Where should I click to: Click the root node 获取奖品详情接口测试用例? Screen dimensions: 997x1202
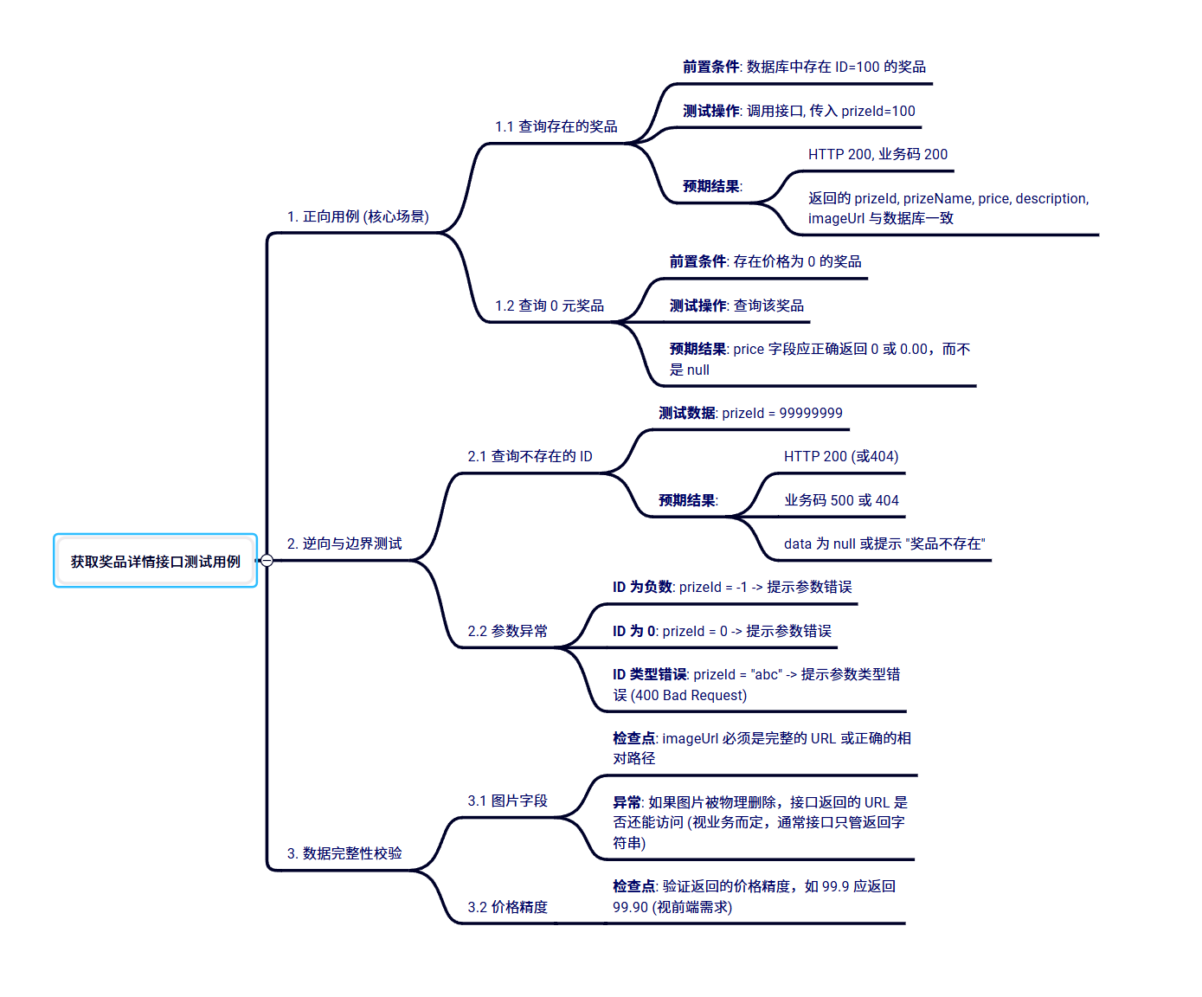156,562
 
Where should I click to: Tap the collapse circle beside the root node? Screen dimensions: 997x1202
267,561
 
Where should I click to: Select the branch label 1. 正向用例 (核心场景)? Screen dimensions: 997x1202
357,216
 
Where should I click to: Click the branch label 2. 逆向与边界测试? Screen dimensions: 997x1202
344,544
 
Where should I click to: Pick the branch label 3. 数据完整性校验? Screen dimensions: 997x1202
344,853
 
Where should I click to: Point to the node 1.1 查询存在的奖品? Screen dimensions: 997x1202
556,126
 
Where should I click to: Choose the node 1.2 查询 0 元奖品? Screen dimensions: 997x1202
549,306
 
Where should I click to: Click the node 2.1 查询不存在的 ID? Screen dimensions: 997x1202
530,456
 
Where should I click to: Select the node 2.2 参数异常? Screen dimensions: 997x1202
507,631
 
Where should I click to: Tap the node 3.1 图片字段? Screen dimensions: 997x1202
507,801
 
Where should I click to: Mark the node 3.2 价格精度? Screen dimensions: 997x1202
507,907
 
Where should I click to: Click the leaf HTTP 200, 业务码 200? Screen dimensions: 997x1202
877,154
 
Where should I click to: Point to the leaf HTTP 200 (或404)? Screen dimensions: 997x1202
841,456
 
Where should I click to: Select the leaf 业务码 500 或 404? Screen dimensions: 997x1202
841,500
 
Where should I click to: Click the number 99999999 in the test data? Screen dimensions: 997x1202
811,413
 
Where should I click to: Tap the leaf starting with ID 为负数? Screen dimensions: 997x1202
732,587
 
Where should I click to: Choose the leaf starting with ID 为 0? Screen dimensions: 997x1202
722,631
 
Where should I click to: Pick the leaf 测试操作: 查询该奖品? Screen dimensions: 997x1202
736,306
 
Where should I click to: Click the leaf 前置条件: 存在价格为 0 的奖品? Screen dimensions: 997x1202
765,261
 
